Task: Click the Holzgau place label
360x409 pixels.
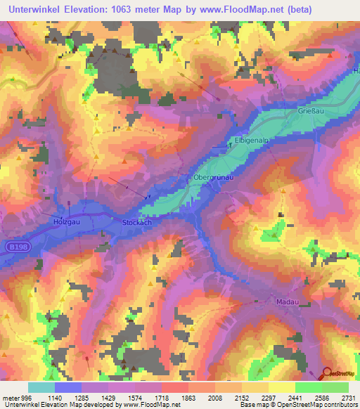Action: (63, 221)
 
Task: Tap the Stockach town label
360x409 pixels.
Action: (138, 222)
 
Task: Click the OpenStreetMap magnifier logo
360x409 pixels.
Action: (328, 374)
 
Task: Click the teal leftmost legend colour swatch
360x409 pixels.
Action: (41, 387)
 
